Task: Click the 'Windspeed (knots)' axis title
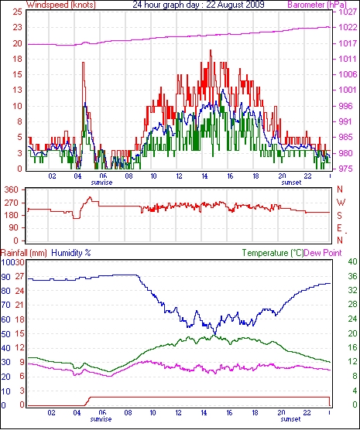tap(61, 5)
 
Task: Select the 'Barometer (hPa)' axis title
tap(317, 5)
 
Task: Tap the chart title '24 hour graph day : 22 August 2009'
tap(198, 5)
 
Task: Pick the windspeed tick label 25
tap(17, 12)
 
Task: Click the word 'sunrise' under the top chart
tap(101, 183)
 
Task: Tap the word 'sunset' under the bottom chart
tap(290, 419)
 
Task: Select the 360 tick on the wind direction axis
tap(12, 189)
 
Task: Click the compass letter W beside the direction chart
tap(341, 203)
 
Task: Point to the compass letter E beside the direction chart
tap(340, 228)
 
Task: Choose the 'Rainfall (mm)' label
tap(24, 253)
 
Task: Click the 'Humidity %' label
tap(71, 253)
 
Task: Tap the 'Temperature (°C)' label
tap(273, 253)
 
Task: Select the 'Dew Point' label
tap(323, 253)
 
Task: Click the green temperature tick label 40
tap(352, 261)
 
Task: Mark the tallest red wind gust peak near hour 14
tap(211, 50)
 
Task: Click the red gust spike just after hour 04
tap(83, 63)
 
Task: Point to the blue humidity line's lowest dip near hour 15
tap(214, 334)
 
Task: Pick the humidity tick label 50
tap(5, 334)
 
